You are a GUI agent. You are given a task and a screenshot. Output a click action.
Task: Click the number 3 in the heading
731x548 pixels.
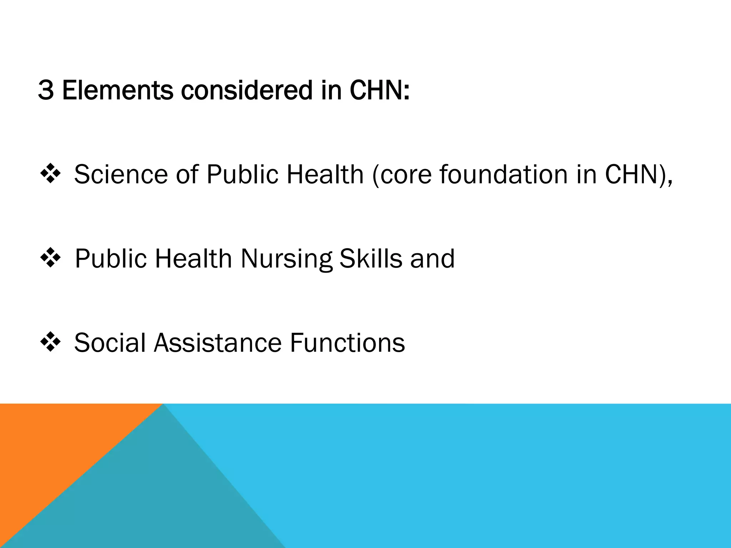tap(46, 90)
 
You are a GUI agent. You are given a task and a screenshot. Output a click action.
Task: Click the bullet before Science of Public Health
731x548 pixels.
tap(50, 174)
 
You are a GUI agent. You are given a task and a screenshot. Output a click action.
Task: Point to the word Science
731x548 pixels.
tap(121, 174)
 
